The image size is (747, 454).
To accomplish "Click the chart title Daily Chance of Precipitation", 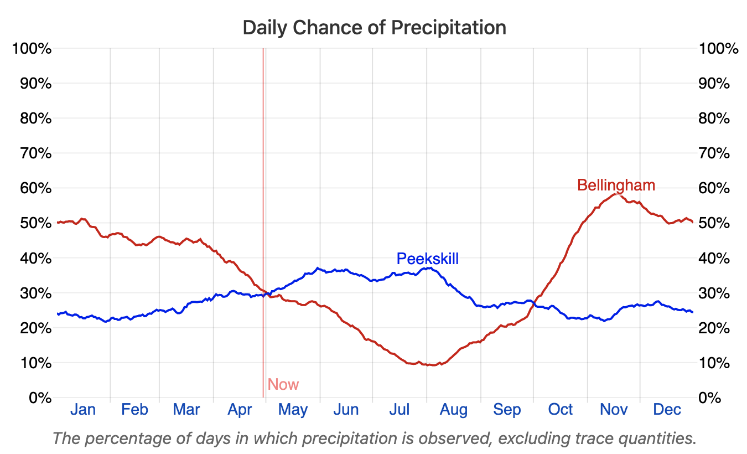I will point(374,27).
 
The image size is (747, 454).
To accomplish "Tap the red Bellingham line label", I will point(616,185).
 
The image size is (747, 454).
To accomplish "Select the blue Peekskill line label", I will point(427,259).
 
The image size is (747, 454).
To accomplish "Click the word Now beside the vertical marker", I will point(283,384).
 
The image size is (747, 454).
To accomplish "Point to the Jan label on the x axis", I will point(83,410).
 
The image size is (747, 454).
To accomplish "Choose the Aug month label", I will point(453,410).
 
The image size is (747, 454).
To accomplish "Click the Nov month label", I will point(614,410).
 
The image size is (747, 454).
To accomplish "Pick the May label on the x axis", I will point(293,410).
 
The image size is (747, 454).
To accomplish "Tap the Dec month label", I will point(667,410).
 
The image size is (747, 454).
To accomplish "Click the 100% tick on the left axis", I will point(32,49).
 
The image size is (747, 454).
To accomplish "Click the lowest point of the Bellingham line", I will point(430,365).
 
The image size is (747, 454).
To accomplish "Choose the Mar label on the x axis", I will point(186,410).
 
